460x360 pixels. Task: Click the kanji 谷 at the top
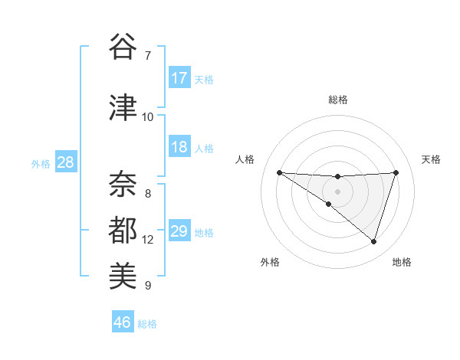click(x=123, y=47)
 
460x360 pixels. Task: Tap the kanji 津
click(x=123, y=107)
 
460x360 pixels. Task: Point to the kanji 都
click(x=123, y=229)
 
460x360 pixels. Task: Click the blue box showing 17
click(x=179, y=78)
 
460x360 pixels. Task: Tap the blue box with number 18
click(x=179, y=147)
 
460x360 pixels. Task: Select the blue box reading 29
click(x=179, y=231)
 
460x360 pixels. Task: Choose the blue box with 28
click(x=65, y=162)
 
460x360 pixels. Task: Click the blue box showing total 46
click(x=123, y=322)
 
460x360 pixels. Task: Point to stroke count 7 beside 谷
click(x=147, y=56)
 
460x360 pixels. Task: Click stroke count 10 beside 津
click(x=147, y=116)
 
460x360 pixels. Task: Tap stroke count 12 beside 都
click(x=147, y=239)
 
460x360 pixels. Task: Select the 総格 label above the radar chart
click(x=338, y=100)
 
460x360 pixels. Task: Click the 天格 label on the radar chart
click(x=431, y=159)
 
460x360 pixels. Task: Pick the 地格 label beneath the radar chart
click(x=402, y=262)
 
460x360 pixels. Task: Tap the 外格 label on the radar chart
click(x=270, y=262)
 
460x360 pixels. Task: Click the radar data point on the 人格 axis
click(x=279, y=172)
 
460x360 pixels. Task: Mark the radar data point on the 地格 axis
click(x=374, y=242)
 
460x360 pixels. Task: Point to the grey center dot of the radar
click(x=337, y=191)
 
